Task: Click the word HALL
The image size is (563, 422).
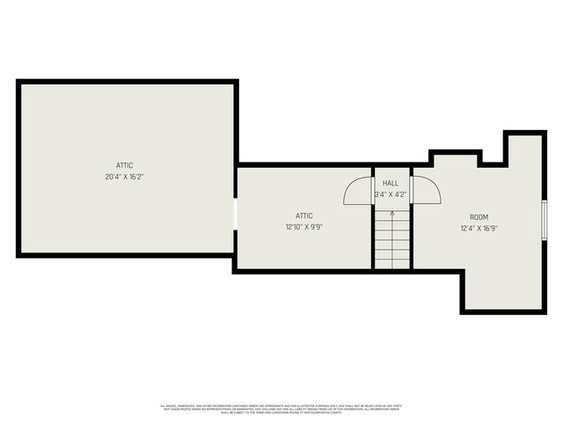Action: [x=391, y=183]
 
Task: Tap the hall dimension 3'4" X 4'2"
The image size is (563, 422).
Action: [x=391, y=193]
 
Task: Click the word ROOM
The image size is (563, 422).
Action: [x=479, y=216]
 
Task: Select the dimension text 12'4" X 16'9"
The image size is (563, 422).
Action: [x=479, y=228]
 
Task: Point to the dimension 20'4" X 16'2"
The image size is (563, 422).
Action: [x=124, y=176]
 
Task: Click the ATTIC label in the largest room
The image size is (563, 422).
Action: [x=124, y=164]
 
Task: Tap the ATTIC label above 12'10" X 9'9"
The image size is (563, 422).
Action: [x=303, y=215]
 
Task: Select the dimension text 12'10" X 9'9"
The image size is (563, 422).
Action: [x=303, y=227]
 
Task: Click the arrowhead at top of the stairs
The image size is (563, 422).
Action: [x=392, y=211]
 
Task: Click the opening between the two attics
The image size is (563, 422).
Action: [x=235, y=213]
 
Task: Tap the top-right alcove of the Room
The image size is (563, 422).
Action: [x=522, y=149]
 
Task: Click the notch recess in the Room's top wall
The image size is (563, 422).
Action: [x=492, y=158]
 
